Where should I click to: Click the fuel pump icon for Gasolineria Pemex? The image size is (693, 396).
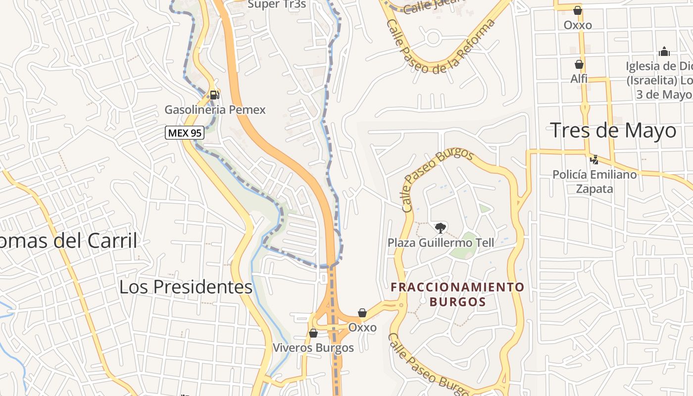(214, 95)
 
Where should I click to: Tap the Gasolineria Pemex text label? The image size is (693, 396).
(215, 110)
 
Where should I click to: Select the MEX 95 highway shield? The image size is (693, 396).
(185, 133)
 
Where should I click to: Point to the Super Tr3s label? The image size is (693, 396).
(277, 4)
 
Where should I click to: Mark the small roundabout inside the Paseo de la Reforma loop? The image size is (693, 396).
(433, 37)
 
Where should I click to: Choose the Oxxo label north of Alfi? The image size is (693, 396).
(578, 25)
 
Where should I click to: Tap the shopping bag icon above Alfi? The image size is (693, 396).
(579, 64)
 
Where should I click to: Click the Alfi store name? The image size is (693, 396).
(579, 79)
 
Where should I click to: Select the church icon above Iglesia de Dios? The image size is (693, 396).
(664, 51)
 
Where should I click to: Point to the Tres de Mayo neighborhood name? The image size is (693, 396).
(613, 131)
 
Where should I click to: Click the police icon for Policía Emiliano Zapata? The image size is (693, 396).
(594, 159)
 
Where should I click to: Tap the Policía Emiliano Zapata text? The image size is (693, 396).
(594, 181)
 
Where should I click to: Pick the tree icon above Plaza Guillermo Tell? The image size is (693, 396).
(440, 228)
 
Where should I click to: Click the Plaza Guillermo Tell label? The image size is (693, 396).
(441, 243)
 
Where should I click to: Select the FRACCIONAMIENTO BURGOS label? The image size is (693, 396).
(457, 294)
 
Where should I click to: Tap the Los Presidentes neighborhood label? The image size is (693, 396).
(186, 287)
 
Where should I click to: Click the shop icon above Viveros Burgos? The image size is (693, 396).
(313, 333)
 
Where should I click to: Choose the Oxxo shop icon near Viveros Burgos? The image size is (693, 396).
(362, 313)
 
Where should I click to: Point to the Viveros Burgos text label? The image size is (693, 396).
(313, 347)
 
